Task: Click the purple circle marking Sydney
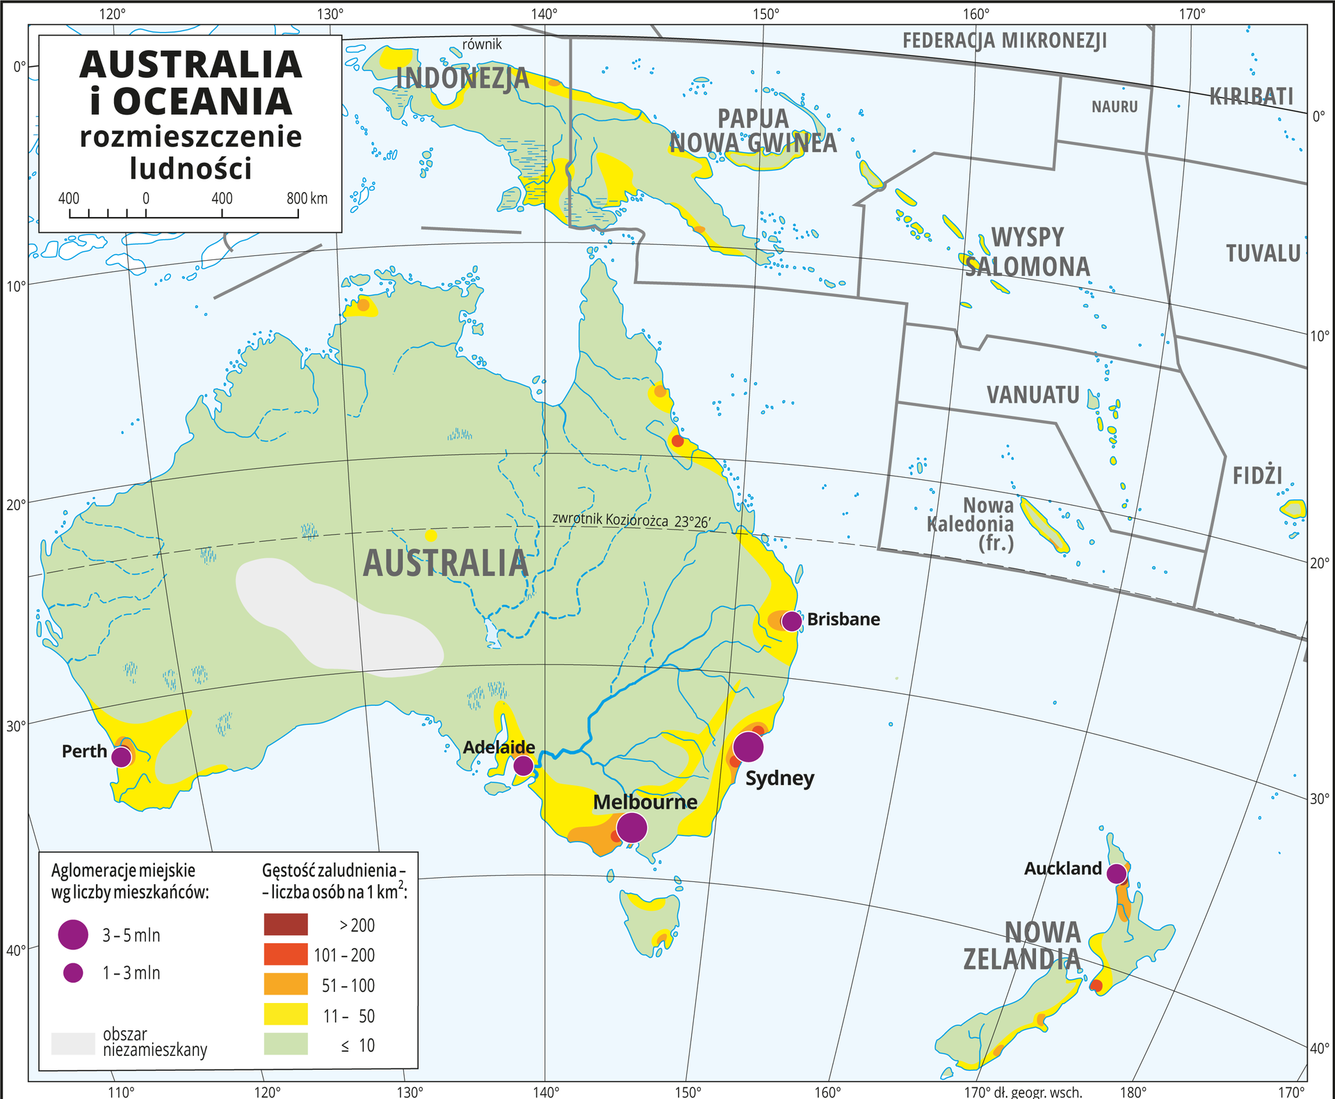(748, 746)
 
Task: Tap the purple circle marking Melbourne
(631, 828)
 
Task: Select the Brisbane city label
(843, 619)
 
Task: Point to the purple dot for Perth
(122, 757)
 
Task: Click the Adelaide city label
(499, 747)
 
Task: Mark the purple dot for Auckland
(1116, 874)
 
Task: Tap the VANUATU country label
(1033, 395)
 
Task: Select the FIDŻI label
(1257, 476)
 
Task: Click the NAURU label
(1114, 106)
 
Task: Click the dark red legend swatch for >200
(286, 924)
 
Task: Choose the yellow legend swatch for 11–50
(286, 1015)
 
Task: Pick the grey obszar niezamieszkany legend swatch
(73, 1043)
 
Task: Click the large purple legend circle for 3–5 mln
(73, 934)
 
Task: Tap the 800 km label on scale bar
(307, 198)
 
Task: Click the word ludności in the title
(191, 168)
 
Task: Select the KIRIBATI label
(1252, 96)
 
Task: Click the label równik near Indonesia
(482, 45)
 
